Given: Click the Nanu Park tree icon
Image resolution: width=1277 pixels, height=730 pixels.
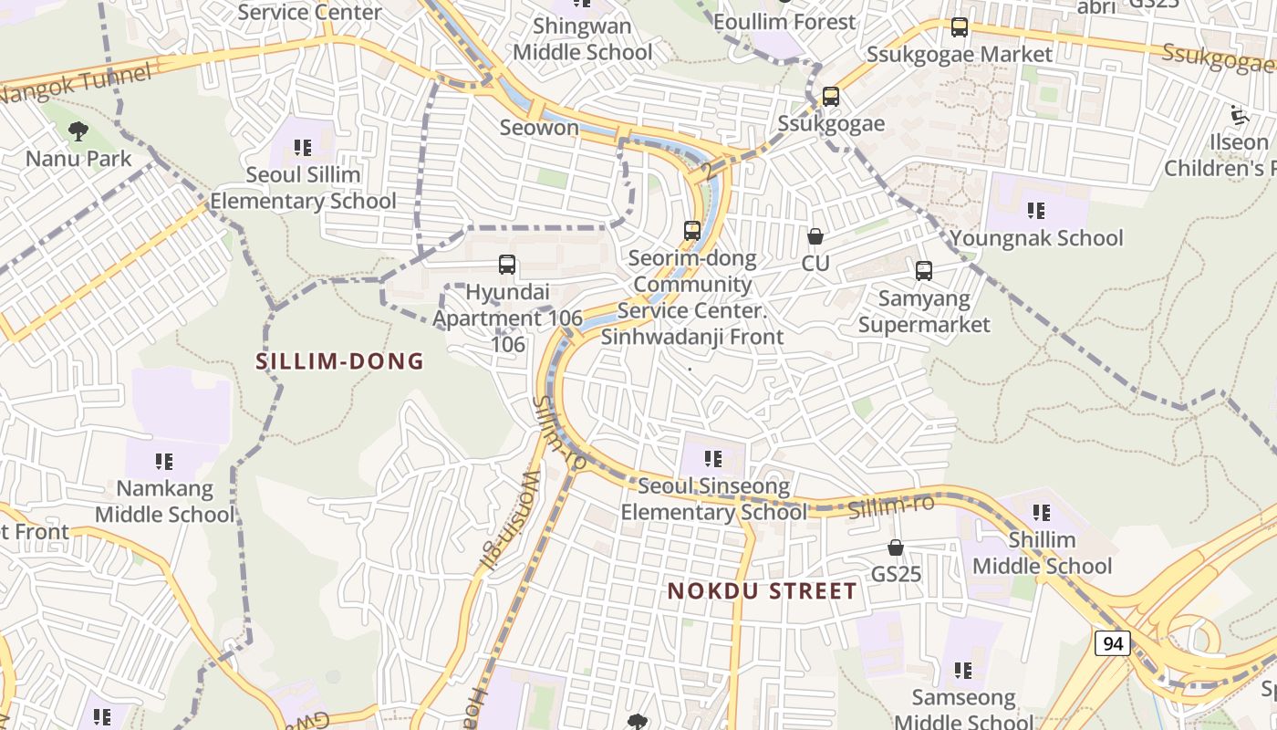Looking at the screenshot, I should pyautogui.click(x=78, y=131).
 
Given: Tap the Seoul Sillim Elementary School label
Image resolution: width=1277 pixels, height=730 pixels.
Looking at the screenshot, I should pyautogui.click(x=303, y=187).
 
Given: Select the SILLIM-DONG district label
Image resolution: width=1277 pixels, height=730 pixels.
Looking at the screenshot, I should pyautogui.click(x=339, y=361).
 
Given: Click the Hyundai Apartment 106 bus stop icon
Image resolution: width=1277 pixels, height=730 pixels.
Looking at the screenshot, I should pyautogui.click(x=507, y=266).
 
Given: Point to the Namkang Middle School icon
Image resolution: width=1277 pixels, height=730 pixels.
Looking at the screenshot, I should pyautogui.click(x=164, y=462).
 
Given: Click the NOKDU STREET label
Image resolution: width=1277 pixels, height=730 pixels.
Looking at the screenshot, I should pyautogui.click(x=762, y=591).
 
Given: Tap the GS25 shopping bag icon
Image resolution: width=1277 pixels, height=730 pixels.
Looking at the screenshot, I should pyautogui.click(x=896, y=547).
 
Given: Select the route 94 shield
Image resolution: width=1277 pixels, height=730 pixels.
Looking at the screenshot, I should pyautogui.click(x=1112, y=643).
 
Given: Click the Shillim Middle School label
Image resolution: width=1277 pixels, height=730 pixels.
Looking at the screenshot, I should pyautogui.click(x=1042, y=553).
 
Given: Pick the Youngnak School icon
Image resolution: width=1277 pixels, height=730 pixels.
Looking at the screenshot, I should pyautogui.click(x=1036, y=211).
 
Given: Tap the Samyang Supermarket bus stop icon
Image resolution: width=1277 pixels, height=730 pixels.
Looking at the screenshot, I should pyautogui.click(x=924, y=271).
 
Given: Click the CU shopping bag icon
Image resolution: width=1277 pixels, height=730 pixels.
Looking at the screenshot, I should pyautogui.click(x=815, y=236).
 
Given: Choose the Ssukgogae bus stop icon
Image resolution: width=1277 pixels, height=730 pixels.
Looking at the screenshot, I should pyautogui.click(x=830, y=97).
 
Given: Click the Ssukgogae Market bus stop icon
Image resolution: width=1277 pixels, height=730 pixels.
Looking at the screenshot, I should pyautogui.click(x=960, y=27).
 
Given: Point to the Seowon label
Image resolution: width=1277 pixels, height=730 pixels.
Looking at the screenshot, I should pyautogui.click(x=539, y=128).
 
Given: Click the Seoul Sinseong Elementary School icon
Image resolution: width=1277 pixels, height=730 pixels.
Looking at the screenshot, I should pyautogui.click(x=713, y=458).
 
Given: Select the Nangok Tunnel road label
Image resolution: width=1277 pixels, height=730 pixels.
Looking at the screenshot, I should pyautogui.click(x=75, y=85).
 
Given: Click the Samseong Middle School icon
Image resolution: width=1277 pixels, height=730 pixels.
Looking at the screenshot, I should pyautogui.click(x=963, y=671).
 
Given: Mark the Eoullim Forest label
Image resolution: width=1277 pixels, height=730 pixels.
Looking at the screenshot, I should pyautogui.click(x=784, y=22).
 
